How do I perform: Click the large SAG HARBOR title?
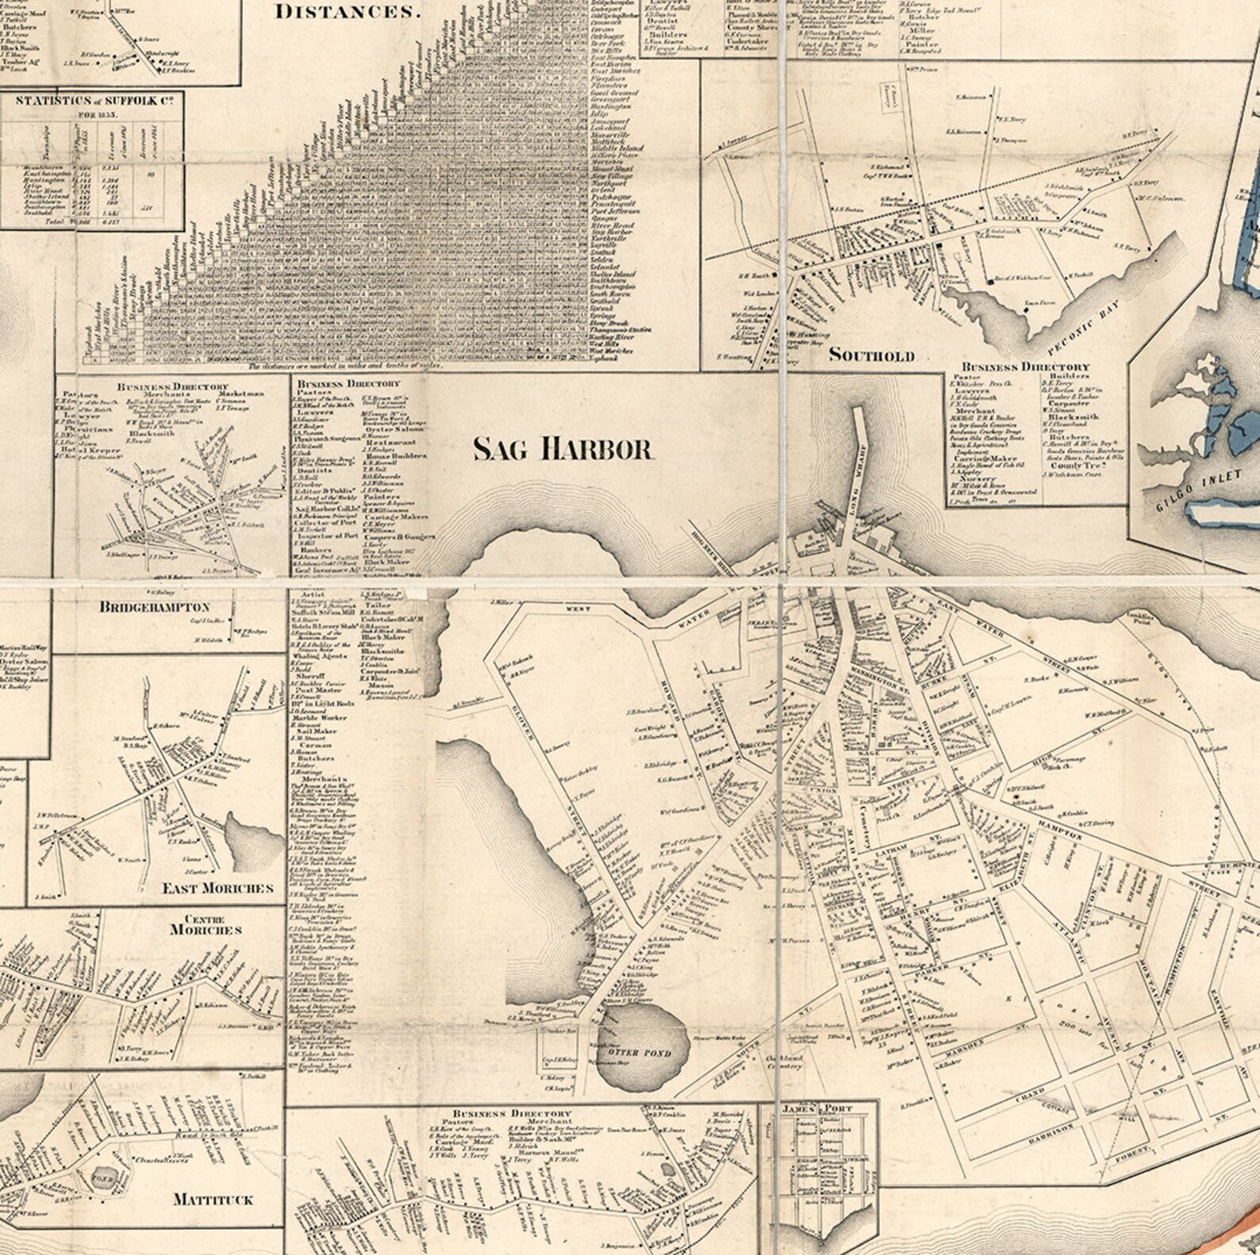coord(563,449)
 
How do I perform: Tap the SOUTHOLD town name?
coord(871,355)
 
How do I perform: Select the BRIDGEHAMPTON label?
coord(155,607)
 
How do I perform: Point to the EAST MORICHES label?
coord(217,888)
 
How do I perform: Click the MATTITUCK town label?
coord(213,1199)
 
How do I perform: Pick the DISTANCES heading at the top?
coord(346,11)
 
